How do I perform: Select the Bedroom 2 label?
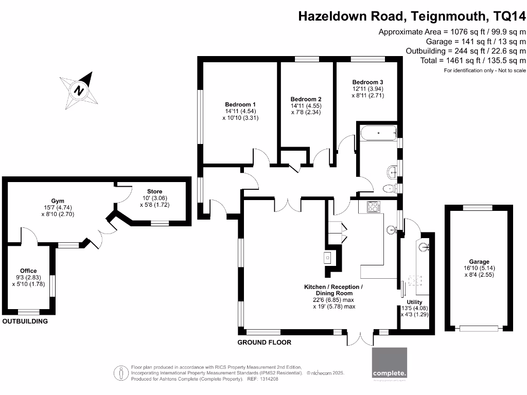(x=306, y=99)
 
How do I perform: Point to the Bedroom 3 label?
(x=367, y=82)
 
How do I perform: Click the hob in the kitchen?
(x=373, y=207)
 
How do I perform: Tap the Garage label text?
(x=479, y=262)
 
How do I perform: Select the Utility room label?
(x=414, y=302)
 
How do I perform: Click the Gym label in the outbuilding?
(x=58, y=201)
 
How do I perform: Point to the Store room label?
(x=154, y=191)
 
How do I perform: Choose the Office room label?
(x=29, y=271)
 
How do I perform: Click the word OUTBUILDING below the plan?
(x=25, y=321)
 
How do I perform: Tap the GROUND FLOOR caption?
(x=264, y=343)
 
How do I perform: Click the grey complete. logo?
(x=390, y=364)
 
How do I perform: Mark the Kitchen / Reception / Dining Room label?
(x=334, y=290)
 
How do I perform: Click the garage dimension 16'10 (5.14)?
(x=479, y=268)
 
